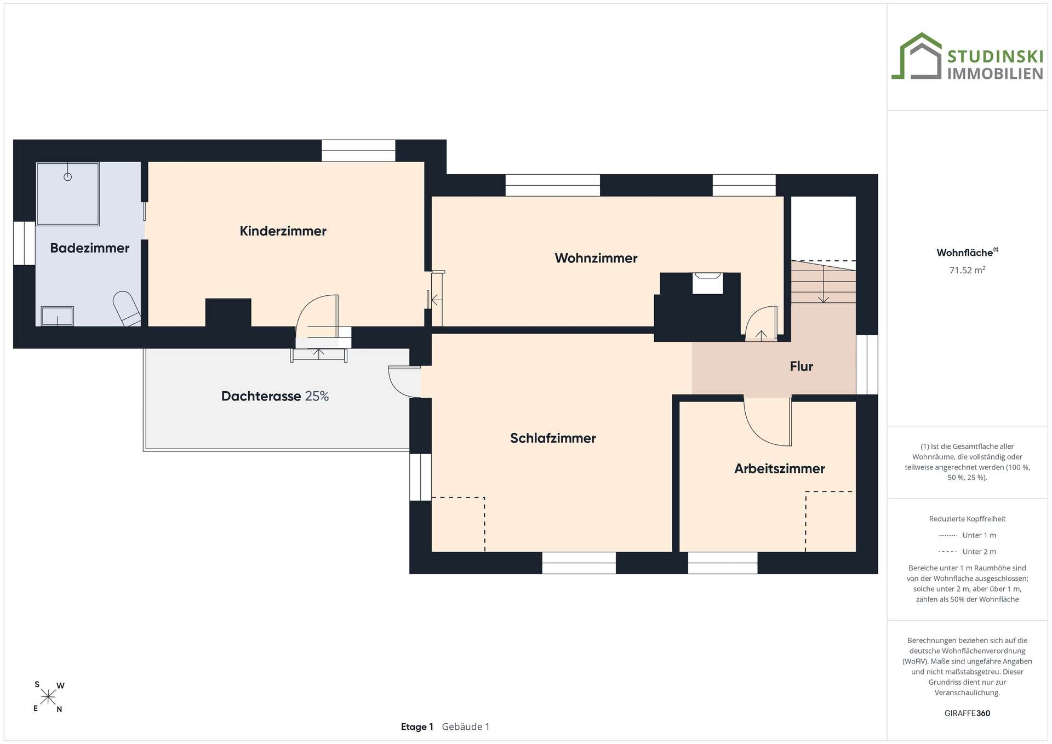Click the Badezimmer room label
click(x=90, y=248)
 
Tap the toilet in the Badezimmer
click(x=127, y=309)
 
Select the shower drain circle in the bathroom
click(x=68, y=176)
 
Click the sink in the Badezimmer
click(x=57, y=316)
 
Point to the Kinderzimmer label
click(x=283, y=231)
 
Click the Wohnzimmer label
click(x=596, y=258)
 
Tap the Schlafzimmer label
click(x=553, y=438)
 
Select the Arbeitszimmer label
click(x=780, y=468)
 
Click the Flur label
click(x=802, y=367)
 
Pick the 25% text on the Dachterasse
click(x=317, y=396)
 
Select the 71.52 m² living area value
click(x=967, y=270)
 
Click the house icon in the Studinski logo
click(x=916, y=56)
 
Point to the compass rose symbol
click(x=48, y=697)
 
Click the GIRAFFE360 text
click(x=967, y=713)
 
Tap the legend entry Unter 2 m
click(x=967, y=552)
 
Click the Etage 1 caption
click(x=417, y=727)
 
